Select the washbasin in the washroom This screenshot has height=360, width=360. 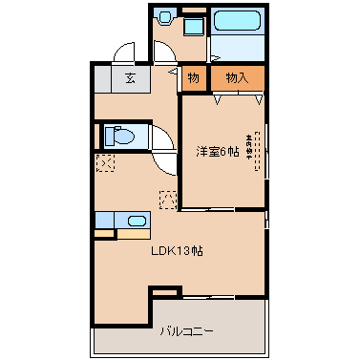[x=166, y=16]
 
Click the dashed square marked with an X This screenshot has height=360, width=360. [x=105, y=163]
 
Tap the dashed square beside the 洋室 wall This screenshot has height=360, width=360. [x=169, y=200]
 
